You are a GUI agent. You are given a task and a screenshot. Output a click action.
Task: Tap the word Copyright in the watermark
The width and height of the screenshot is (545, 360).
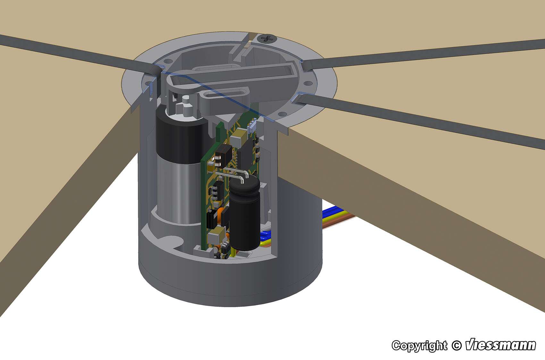coord(419,346)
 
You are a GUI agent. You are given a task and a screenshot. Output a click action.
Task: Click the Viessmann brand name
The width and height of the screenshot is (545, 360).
coord(500,345)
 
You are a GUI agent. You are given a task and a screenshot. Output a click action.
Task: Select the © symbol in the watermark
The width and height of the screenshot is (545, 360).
coord(456,346)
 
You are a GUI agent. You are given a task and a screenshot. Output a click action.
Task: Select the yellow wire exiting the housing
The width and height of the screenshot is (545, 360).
coord(337,215)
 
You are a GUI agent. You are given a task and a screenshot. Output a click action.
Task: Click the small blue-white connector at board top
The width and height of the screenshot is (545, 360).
coord(252,126)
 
